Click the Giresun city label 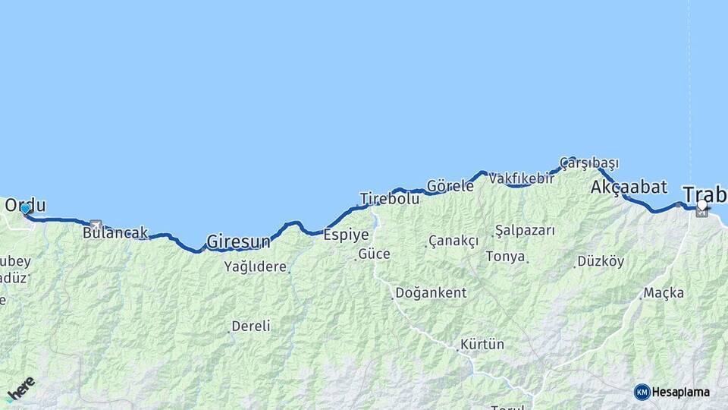pyautogui.click(x=238, y=242)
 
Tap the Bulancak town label pyautogui.click(x=115, y=233)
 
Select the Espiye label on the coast pyautogui.click(x=346, y=235)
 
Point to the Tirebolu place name pyautogui.click(x=389, y=199)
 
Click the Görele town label pyautogui.click(x=450, y=186)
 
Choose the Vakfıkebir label pyautogui.click(x=521, y=178)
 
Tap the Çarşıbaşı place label pyautogui.click(x=589, y=163)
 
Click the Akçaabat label pyautogui.click(x=629, y=187)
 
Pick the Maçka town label pyautogui.click(x=664, y=292)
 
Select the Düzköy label pyautogui.click(x=601, y=261)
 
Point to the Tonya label pyautogui.click(x=505, y=257)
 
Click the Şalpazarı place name pyautogui.click(x=525, y=230)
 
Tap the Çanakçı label pyautogui.click(x=453, y=241)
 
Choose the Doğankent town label pyautogui.click(x=431, y=292)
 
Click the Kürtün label pyautogui.click(x=482, y=344)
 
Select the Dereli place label pyautogui.click(x=250, y=326)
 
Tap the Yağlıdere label pyautogui.click(x=255, y=266)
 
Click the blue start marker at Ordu pyautogui.click(x=25, y=208)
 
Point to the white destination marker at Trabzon pyautogui.click(x=702, y=204)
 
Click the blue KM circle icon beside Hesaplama pyautogui.click(x=642, y=392)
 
